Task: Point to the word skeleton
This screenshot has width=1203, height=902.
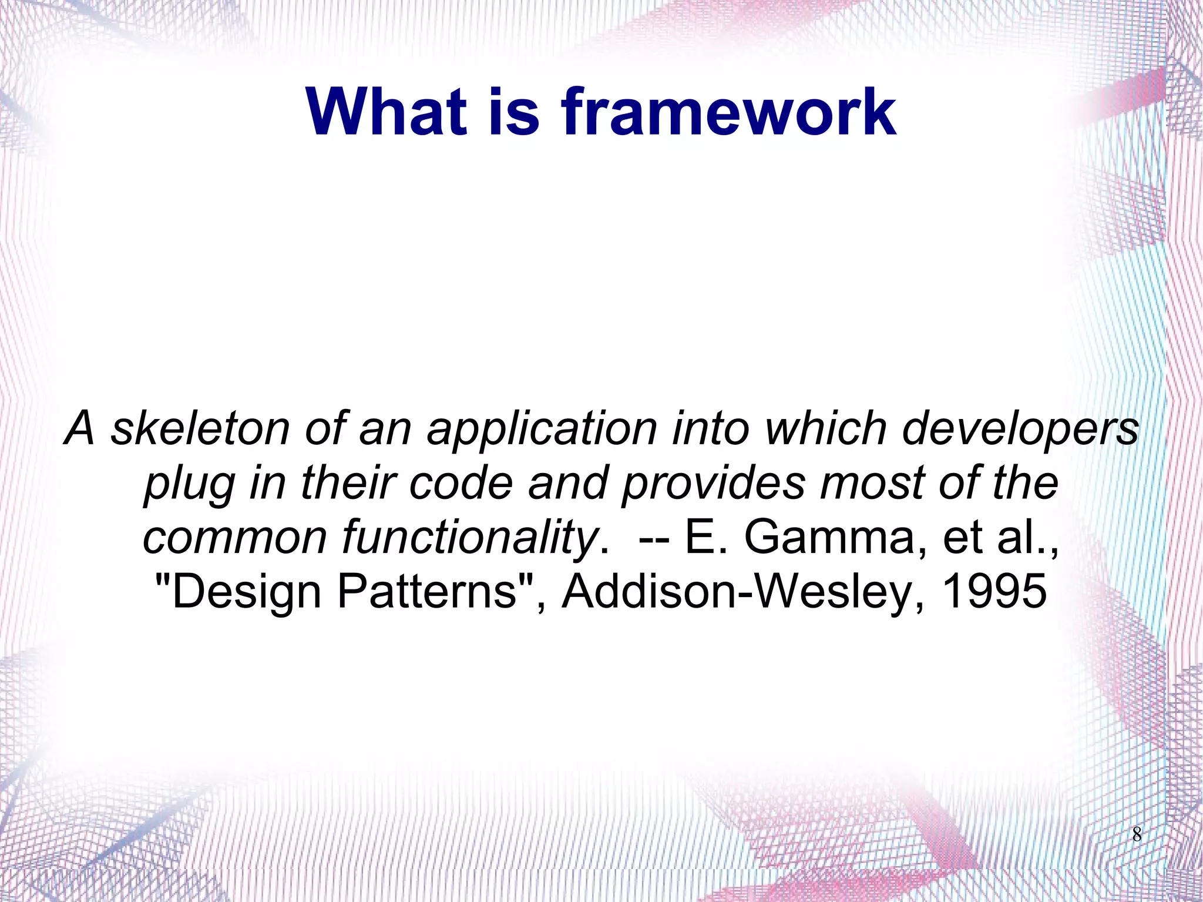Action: tap(200, 428)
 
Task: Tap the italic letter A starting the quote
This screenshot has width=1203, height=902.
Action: tap(79, 428)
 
